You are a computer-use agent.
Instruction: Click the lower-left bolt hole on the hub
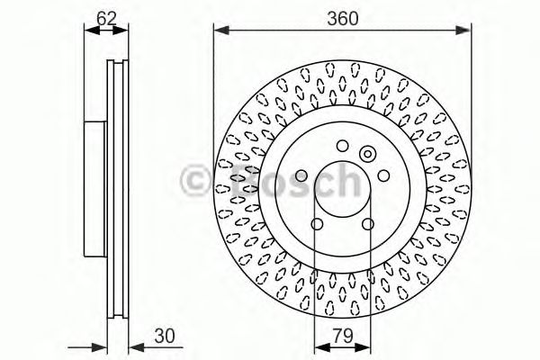click(317, 223)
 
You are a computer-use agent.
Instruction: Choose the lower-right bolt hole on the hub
click(367, 223)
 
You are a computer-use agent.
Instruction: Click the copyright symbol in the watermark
click(195, 180)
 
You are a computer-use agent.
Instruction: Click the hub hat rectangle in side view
click(94, 189)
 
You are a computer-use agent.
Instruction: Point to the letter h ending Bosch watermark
click(346, 180)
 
